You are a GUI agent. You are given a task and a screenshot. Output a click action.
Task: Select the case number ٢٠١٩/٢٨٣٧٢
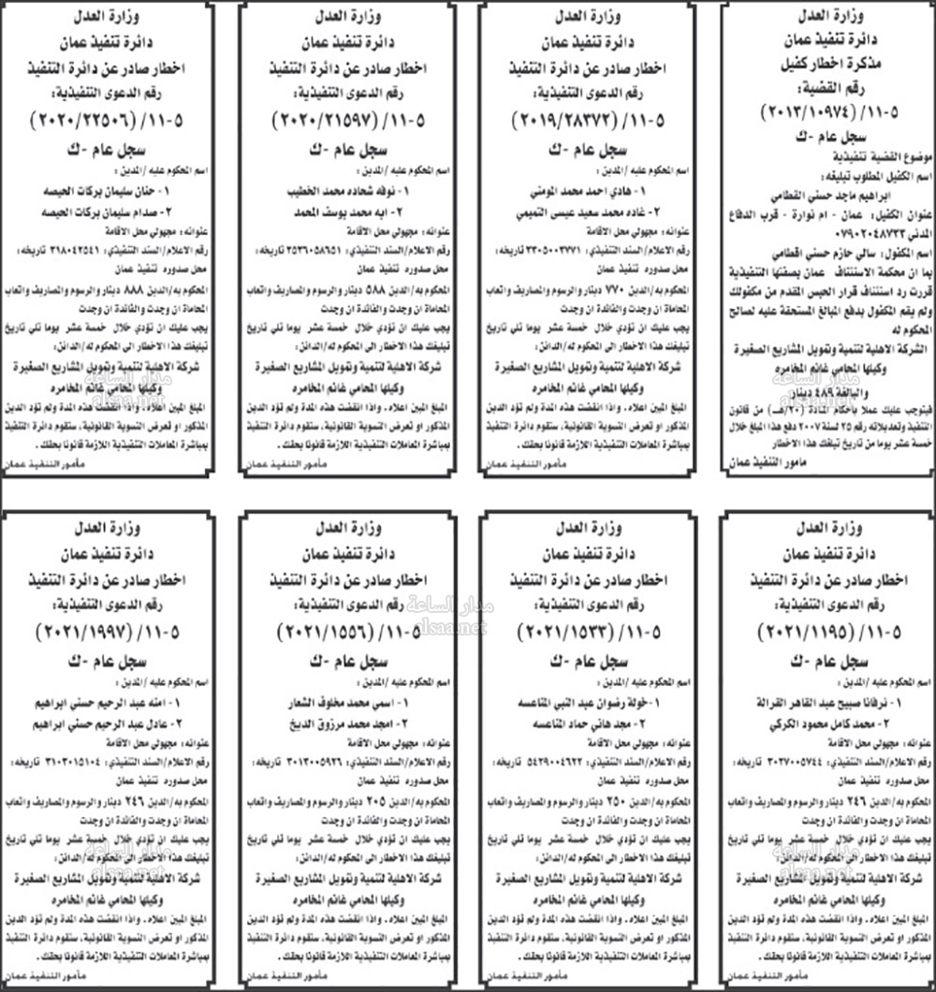point(567,122)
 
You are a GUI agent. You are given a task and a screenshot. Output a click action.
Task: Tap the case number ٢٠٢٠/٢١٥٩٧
point(329,122)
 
